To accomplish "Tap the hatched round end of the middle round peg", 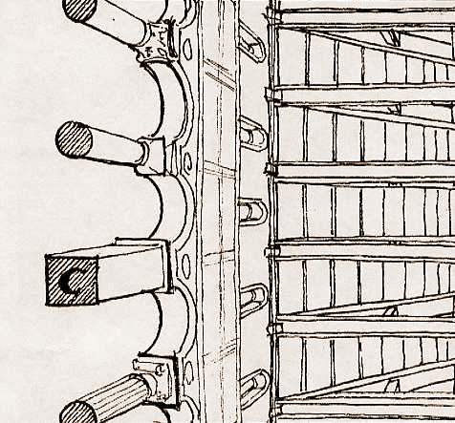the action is click(x=74, y=139).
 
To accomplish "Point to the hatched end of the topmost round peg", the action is click(x=79, y=9).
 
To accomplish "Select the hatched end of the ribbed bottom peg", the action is click(x=78, y=412).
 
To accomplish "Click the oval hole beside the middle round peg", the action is click(x=188, y=160).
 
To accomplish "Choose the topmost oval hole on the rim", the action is click(x=187, y=48).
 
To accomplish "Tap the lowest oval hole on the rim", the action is click(x=189, y=370).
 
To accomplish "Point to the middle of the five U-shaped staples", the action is click(x=252, y=211).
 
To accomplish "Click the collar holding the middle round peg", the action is click(x=152, y=156).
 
